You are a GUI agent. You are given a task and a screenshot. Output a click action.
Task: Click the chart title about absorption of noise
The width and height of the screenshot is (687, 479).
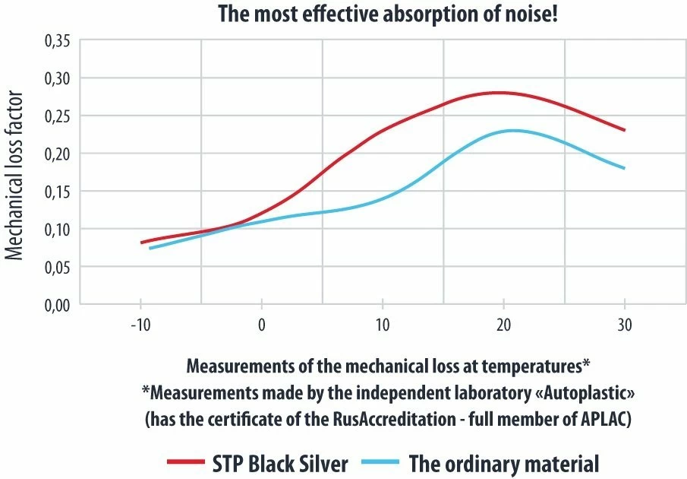click(x=388, y=14)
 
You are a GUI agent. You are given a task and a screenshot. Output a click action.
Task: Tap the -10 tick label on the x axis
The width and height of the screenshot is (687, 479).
click(x=140, y=325)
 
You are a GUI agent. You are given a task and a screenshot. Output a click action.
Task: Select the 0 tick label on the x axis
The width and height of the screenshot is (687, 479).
click(x=262, y=325)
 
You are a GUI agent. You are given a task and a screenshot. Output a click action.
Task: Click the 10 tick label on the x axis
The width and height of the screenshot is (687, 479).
click(x=383, y=325)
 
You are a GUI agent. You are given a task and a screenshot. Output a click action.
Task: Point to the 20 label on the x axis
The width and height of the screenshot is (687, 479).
click(x=503, y=325)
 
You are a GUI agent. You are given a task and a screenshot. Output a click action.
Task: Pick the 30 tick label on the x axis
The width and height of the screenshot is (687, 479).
click(x=624, y=325)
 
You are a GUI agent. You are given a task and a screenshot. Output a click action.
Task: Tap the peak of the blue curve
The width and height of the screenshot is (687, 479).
click(x=513, y=131)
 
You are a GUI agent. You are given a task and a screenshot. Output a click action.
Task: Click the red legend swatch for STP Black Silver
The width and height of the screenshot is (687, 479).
click(x=185, y=462)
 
